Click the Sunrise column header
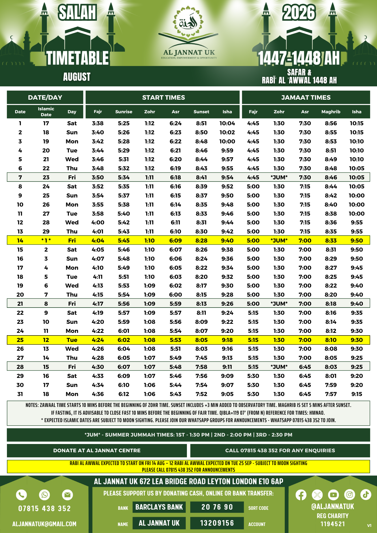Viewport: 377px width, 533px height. pos(124,112)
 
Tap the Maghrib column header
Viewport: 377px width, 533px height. pos(331,112)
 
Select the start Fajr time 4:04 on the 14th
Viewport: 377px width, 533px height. pos(98,240)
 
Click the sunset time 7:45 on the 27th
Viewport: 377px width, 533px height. pos(201,358)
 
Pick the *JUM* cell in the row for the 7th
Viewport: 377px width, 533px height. pos(279,177)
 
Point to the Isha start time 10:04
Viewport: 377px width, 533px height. pos(227,123)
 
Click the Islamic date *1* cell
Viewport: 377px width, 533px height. pos(46,240)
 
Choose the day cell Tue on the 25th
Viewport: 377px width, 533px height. pos(72,340)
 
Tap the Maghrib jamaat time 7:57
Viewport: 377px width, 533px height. pos(331,394)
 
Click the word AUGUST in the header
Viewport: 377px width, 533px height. pos(77,77)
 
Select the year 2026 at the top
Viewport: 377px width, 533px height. pos(299,13)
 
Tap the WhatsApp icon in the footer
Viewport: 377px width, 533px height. pos(44,495)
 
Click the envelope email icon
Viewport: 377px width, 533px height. pos(67,495)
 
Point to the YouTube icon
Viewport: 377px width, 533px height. pos(333,495)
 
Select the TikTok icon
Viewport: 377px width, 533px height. pos(366,495)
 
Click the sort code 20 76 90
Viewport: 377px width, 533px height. pos(217,507)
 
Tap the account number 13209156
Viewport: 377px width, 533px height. pos(217,523)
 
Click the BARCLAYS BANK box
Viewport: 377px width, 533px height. pos(159,507)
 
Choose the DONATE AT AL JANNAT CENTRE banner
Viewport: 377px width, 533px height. pos(97,450)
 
